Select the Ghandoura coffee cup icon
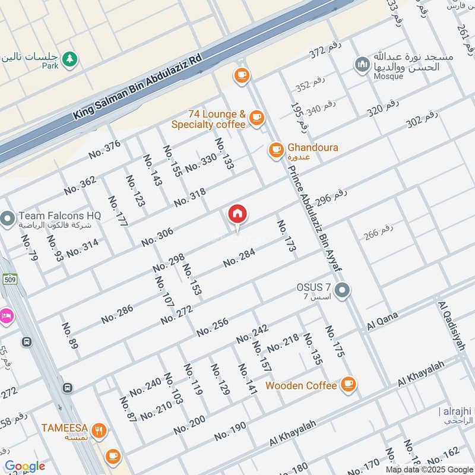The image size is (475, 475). pyautogui.click(x=275, y=150)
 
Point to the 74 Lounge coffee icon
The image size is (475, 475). pyautogui.click(x=256, y=118)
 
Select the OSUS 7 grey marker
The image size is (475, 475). pyautogui.click(x=342, y=291)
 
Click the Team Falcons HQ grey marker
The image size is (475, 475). pyautogui.click(x=8, y=219)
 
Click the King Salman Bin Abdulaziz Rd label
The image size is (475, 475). pyautogui.click(x=138, y=87)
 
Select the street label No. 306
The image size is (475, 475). pyautogui.click(x=157, y=237)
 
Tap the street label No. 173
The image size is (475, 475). pyautogui.click(x=285, y=236)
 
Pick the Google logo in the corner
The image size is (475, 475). pyautogui.click(x=25, y=466)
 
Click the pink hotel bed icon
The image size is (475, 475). pyautogui.click(x=5, y=315)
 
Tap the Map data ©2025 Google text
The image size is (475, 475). pyautogui.click(x=426, y=469)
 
